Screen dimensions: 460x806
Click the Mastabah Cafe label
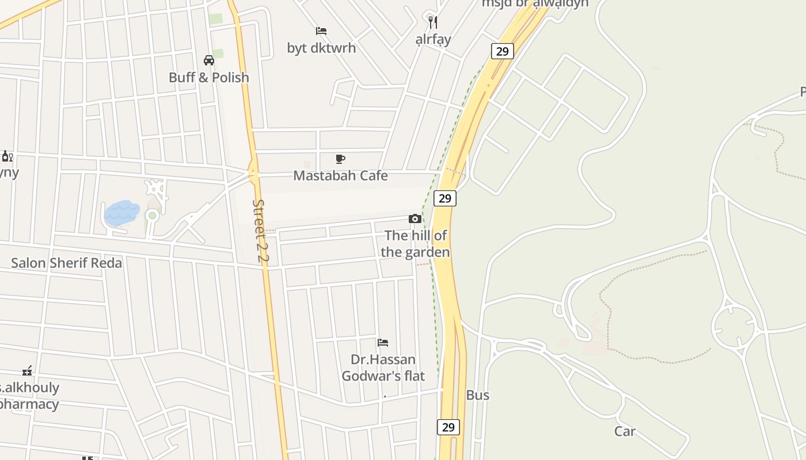[x=340, y=175]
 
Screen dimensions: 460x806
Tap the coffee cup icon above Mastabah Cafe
[x=340, y=159]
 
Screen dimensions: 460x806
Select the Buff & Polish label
[x=208, y=77]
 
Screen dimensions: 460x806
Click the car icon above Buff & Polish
[x=209, y=60]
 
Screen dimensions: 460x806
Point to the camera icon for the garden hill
[x=415, y=218]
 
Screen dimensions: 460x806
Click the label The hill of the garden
[x=415, y=244]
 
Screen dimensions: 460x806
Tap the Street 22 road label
[x=261, y=231]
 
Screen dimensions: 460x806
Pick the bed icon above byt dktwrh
[x=321, y=30]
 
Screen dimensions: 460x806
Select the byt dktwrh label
[x=321, y=48]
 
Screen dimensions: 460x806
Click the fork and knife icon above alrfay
[x=433, y=22]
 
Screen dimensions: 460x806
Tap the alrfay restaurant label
[x=433, y=40]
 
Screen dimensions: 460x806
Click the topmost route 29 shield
[x=502, y=51]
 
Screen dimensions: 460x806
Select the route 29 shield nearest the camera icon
[x=444, y=198]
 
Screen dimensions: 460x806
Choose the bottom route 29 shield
[x=448, y=427]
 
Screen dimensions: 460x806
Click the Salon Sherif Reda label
[x=66, y=263]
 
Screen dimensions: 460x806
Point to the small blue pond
[x=121, y=213]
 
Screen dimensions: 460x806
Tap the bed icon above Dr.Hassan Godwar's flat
[x=383, y=343]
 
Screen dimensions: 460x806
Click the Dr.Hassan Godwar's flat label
[x=383, y=368]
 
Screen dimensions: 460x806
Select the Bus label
[x=477, y=395]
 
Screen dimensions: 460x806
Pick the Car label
[x=625, y=431]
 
